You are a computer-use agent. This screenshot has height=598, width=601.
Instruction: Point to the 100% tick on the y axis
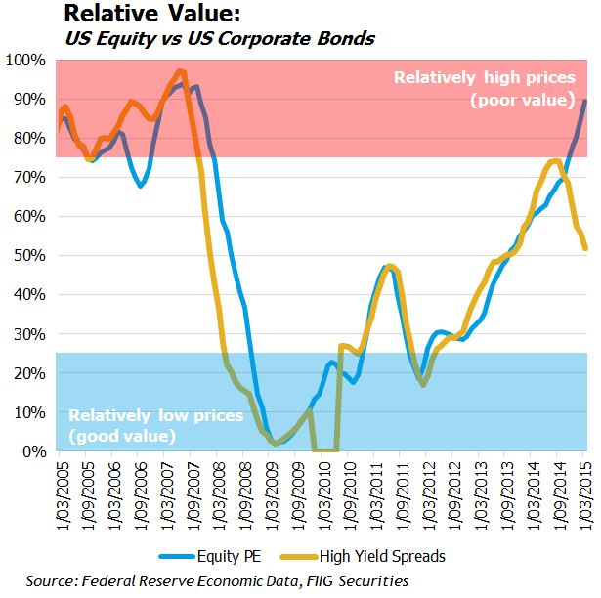[26, 61]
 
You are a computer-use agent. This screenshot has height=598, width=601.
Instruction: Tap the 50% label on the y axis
[29, 256]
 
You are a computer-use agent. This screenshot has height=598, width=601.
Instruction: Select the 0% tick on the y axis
[33, 451]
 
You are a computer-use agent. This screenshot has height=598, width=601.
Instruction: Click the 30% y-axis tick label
[29, 334]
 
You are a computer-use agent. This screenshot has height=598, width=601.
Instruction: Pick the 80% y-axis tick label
[29, 139]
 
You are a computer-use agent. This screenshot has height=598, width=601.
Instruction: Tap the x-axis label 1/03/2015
[584, 491]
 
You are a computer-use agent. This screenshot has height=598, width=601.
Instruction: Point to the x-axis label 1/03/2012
[427, 491]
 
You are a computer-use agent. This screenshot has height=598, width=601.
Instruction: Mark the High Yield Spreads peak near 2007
[181, 71]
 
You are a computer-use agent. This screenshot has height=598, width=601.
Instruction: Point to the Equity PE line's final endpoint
[584, 101]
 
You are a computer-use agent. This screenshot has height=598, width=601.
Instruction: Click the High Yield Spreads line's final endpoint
[584, 248]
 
